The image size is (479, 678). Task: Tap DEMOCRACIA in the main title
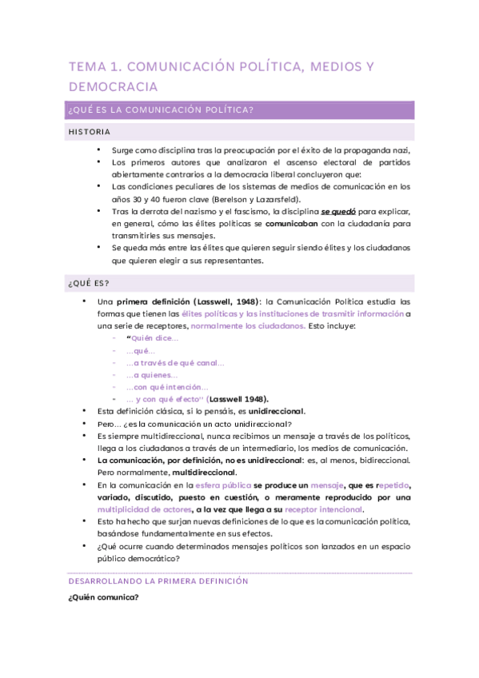point(113,86)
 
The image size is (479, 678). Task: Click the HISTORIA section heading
point(90,132)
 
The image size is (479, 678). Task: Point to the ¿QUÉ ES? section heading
point(89,284)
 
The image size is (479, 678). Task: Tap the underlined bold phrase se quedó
point(340,211)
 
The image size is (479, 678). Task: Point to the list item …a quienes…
point(153,375)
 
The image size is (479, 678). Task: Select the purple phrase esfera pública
point(224,485)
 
